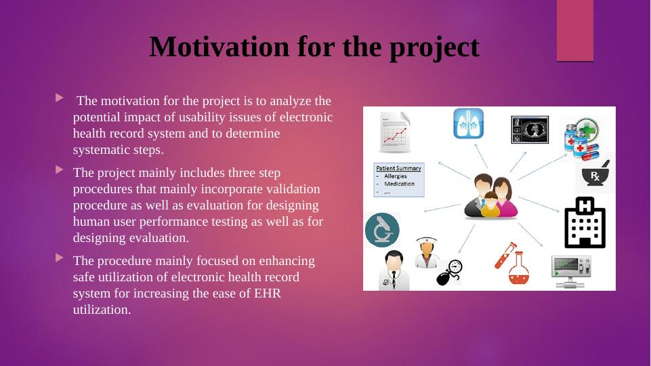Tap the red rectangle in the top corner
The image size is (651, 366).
574,30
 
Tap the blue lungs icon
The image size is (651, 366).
469,124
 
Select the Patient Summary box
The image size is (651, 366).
399,179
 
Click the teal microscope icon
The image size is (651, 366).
381,228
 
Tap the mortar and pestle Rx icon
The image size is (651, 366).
595,175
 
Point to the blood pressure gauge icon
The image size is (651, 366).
448,272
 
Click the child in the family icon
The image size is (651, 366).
490,205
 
